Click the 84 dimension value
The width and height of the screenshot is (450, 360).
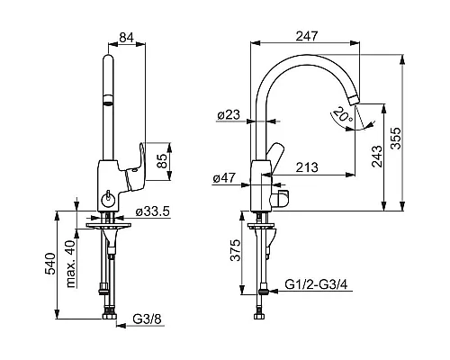[126, 38]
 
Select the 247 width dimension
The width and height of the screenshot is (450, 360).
[307, 36]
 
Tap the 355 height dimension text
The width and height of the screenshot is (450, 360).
[397, 139]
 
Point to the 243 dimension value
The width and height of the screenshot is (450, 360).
[377, 156]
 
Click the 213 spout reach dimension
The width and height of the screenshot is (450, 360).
[307, 167]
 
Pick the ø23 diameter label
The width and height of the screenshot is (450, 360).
[229, 114]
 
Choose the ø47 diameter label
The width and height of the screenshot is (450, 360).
[224, 178]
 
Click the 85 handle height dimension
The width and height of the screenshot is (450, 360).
[162, 161]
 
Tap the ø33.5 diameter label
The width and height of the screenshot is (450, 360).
[153, 211]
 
